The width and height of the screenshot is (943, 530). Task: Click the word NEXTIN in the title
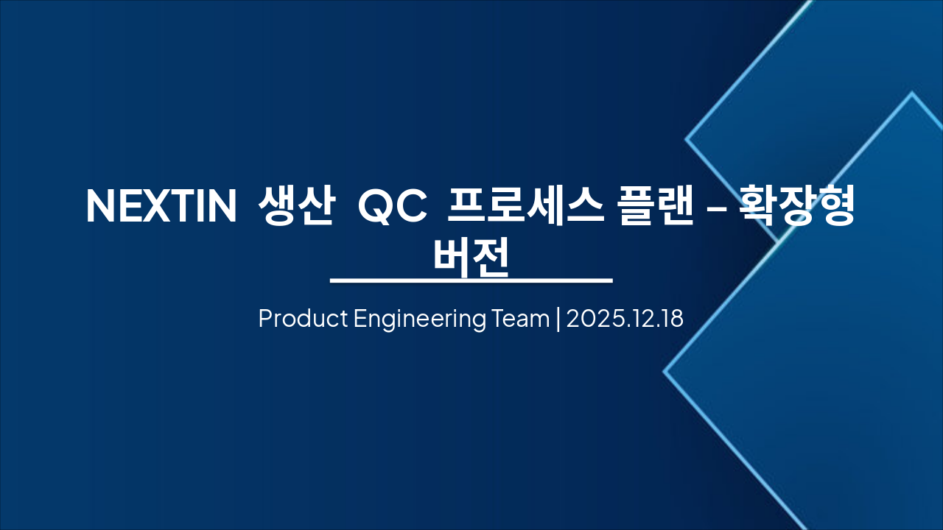point(161,206)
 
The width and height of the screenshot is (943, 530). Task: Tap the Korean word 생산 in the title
point(292,206)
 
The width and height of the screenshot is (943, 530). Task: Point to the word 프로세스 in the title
point(513,206)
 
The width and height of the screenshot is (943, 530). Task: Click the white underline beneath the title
point(471,280)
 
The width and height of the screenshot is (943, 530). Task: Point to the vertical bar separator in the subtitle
point(558,319)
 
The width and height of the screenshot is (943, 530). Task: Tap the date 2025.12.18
point(625,319)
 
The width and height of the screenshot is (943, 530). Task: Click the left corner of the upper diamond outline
point(687,138)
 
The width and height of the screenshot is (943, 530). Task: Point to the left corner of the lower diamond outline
point(665,372)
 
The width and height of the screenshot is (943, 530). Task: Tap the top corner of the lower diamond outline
point(911,93)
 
